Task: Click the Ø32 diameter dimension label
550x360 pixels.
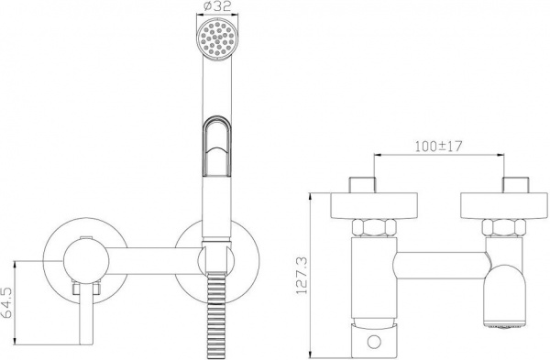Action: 217,6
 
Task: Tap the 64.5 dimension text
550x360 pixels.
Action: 7,303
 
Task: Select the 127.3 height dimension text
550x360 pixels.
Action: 302,276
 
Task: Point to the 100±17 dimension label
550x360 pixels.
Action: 439,147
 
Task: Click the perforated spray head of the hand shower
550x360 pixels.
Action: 217,38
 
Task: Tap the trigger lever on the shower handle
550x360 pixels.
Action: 217,145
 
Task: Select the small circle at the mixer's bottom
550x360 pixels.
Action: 374,341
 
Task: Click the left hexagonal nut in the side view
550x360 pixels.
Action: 374,228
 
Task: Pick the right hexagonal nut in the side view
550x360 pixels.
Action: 503,228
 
